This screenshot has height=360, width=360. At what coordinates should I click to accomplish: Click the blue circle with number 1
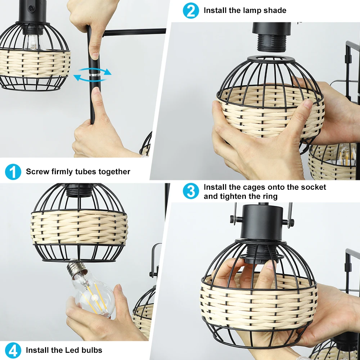tap(13, 172)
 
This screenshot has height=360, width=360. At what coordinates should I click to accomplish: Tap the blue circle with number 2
tap(191, 10)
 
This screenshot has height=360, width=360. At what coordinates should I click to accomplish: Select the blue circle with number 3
tap(191, 191)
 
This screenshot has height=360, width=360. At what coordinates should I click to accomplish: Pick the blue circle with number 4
tap(13, 350)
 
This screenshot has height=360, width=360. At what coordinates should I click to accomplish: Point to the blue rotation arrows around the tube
tap(92, 75)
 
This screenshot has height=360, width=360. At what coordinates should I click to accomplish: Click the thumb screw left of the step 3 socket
tap(235, 220)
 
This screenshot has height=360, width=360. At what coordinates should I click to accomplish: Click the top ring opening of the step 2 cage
tap(271, 59)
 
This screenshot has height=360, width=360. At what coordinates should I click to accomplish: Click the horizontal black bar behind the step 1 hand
tap(134, 32)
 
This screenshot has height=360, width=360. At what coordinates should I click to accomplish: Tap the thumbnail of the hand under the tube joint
tap(96, 91)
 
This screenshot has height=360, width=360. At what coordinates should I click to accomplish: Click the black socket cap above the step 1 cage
tap(32, 12)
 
